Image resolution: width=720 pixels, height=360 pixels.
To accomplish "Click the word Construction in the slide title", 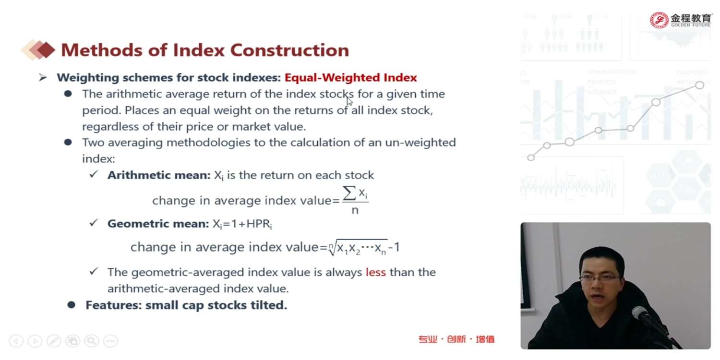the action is pyautogui.click(x=289, y=50).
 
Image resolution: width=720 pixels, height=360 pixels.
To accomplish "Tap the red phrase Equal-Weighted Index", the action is pyautogui.click(x=351, y=77).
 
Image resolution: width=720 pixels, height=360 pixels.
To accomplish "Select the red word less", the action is pyautogui.click(x=376, y=272).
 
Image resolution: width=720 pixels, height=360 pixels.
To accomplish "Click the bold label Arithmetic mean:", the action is pyautogui.click(x=159, y=175).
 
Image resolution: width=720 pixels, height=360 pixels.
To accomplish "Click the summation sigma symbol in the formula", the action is pyautogui.click(x=349, y=193).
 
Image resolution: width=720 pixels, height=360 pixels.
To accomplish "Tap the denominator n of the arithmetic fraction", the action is pyautogui.click(x=355, y=210).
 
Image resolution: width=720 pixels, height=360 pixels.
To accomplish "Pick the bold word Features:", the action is pyautogui.click(x=114, y=305).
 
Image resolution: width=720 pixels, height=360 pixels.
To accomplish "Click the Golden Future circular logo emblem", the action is pyautogui.click(x=659, y=20).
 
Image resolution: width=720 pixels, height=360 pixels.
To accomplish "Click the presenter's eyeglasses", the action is pyautogui.click(x=600, y=278).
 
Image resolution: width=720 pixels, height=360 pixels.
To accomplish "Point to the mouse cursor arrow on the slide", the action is pyautogui.click(x=349, y=101).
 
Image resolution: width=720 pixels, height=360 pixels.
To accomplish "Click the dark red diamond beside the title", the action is pyautogui.click(x=47, y=50).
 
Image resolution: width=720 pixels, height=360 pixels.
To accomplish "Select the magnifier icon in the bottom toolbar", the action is pyautogui.click(x=92, y=341).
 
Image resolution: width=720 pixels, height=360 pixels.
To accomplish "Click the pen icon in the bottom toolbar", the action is pyautogui.click(x=54, y=341).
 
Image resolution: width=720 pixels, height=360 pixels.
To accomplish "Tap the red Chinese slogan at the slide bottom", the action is pyautogui.click(x=456, y=339).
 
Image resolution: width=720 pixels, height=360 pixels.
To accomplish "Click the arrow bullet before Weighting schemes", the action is pyautogui.click(x=43, y=77).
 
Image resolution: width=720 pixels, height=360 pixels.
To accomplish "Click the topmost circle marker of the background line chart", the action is pyautogui.click(x=699, y=85).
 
